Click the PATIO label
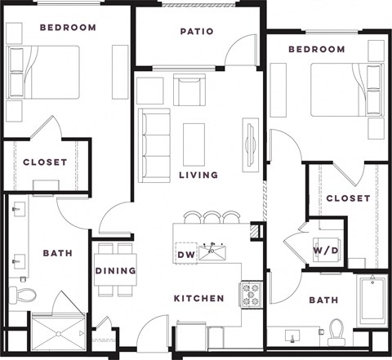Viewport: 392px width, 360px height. (x=197, y=32)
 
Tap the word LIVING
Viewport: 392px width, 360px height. (x=199, y=175)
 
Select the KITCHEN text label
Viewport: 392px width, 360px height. (x=198, y=299)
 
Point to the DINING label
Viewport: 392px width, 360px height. (x=115, y=271)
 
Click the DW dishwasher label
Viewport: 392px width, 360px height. (x=185, y=254)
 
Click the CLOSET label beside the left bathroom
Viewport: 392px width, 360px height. (x=45, y=162)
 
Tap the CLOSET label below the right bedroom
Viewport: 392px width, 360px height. (x=348, y=198)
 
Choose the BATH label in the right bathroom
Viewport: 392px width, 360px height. (x=323, y=300)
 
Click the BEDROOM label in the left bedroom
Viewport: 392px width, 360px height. (x=67, y=27)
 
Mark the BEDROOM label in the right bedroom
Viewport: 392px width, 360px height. (x=316, y=50)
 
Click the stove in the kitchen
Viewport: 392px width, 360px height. (x=249, y=293)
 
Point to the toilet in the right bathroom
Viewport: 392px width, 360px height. (x=336, y=331)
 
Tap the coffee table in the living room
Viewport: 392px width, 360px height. (x=194, y=144)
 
